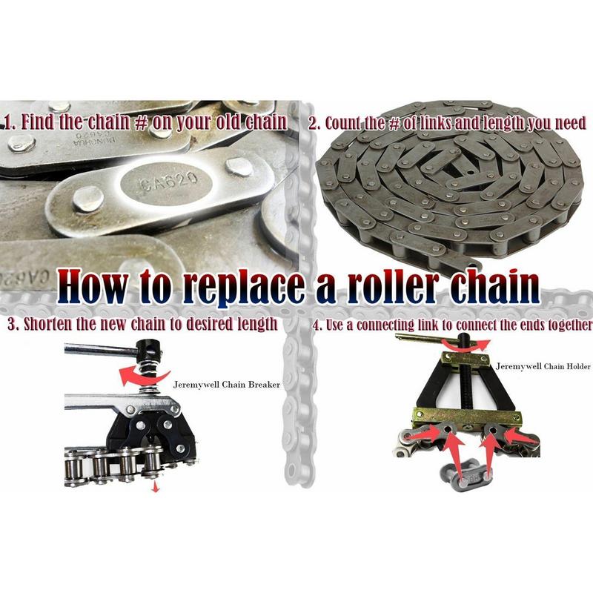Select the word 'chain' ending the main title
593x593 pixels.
(x=497, y=285)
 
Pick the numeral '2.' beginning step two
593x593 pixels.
(x=314, y=123)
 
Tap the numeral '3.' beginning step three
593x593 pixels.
(x=11, y=324)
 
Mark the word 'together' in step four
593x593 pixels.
(x=566, y=325)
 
